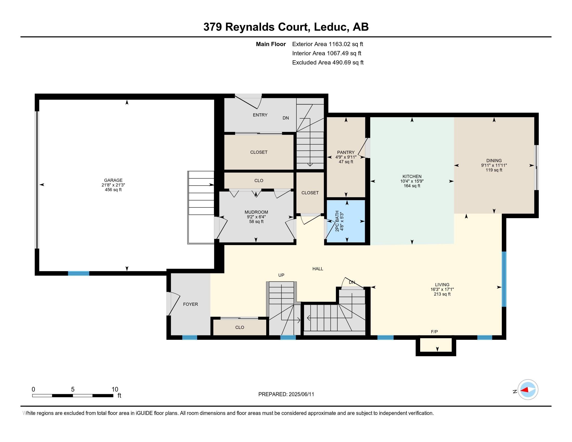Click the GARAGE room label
point(113,180)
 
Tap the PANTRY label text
point(346,152)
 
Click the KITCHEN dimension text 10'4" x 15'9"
point(412,181)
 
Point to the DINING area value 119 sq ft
point(494,170)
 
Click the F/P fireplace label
point(434,332)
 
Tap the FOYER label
point(190,304)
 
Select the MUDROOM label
point(256,212)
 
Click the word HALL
point(318,269)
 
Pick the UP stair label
point(281,275)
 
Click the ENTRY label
point(260,115)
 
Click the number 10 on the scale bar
point(115,389)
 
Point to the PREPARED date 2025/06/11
point(301,394)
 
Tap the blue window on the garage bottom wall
point(79,273)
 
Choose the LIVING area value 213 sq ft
point(442,294)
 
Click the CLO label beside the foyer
point(240,327)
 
